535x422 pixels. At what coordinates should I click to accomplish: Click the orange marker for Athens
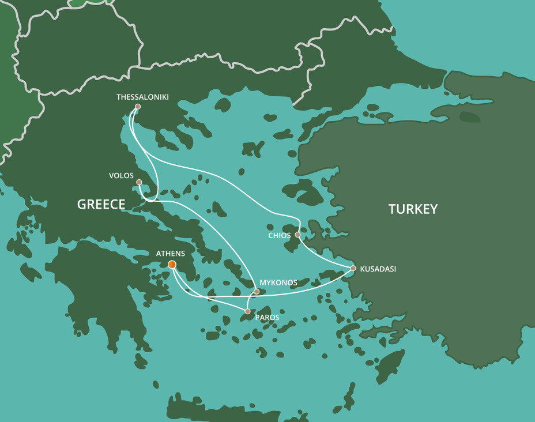tap(172, 265)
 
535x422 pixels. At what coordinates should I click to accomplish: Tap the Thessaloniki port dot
tap(137, 107)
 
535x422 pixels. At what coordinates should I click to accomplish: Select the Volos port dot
tap(139, 182)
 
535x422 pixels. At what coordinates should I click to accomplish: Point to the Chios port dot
tap(297, 235)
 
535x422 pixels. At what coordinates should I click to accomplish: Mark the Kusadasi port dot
tap(353, 268)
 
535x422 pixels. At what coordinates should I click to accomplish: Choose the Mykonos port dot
tap(257, 292)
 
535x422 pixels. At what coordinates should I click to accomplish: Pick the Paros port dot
tap(248, 311)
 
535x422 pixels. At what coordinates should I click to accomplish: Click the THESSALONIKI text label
tap(142, 97)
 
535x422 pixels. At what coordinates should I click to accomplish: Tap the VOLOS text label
tap(121, 175)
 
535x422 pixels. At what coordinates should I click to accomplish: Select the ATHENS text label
tap(171, 253)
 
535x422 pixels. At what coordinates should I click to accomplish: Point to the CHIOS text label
tap(279, 235)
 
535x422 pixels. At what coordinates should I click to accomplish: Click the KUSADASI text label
tap(378, 269)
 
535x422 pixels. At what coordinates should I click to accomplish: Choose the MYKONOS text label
tap(278, 282)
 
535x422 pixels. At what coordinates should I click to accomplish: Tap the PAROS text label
tap(267, 318)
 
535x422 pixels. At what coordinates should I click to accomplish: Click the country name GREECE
tap(101, 204)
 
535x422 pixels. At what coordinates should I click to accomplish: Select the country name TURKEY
tap(413, 209)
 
